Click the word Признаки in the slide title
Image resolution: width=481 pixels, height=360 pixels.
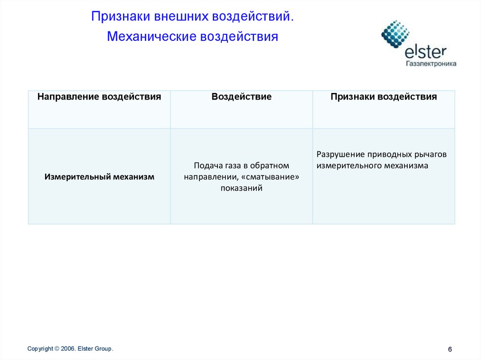point(120,17)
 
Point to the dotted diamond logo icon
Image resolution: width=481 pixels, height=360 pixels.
point(396,34)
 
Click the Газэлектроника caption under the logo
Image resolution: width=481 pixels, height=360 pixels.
point(431,63)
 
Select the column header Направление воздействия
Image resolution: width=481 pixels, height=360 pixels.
point(99,97)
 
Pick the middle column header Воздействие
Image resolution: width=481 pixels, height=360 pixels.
point(241,97)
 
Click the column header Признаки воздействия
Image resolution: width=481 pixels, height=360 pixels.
point(384,97)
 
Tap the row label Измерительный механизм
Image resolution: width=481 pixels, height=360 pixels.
point(99,177)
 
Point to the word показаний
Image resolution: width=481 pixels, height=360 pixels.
point(241,188)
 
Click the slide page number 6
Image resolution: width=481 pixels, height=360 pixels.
point(450,350)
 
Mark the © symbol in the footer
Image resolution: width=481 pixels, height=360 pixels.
point(57,349)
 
